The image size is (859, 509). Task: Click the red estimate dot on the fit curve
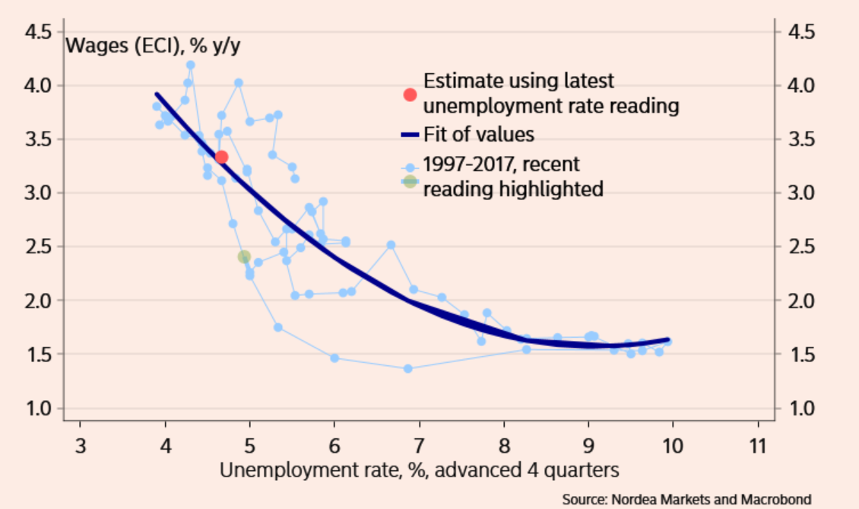pos(221,157)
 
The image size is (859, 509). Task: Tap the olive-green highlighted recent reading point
pos(244,257)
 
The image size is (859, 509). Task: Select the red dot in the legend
pos(410,94)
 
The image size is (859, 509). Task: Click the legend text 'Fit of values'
pos(478,135)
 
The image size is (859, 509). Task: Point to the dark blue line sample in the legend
pos(410,135)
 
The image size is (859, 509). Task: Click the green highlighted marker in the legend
pos(410,181)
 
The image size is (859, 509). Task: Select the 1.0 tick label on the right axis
pos(800,409)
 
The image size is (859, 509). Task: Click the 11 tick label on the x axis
pos(756,445)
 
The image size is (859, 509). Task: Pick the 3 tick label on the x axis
pos(80,445)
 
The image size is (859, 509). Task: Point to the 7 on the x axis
pos(419,445)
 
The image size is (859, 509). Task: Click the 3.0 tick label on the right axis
pos(800,193)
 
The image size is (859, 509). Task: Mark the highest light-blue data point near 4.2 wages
pos(190,65)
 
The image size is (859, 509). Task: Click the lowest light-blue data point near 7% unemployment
pos(407,368)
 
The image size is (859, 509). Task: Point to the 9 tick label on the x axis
pos(588,445)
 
